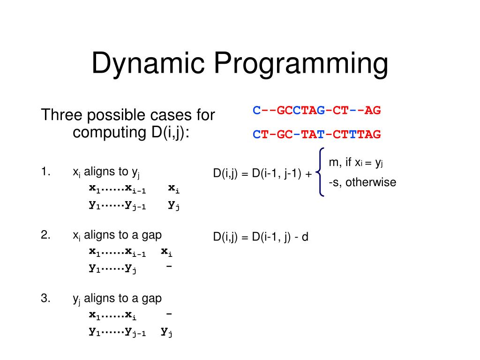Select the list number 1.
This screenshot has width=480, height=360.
point(45,172)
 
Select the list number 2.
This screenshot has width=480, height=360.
point(45,235)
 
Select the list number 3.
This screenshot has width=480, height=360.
point(45,299)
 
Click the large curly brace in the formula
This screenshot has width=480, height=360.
point(320,172)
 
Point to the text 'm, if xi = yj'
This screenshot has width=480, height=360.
point(356,163)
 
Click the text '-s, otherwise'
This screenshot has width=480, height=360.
point(362,182)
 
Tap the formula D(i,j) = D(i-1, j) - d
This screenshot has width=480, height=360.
point(261,237)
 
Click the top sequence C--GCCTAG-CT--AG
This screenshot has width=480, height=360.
point(317,111)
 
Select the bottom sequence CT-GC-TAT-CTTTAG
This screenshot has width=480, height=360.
point(317,135)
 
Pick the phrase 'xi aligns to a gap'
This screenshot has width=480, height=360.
point(118,236)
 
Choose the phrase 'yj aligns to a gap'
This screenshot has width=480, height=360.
point(117,299)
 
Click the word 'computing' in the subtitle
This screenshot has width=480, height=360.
point(105,133)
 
